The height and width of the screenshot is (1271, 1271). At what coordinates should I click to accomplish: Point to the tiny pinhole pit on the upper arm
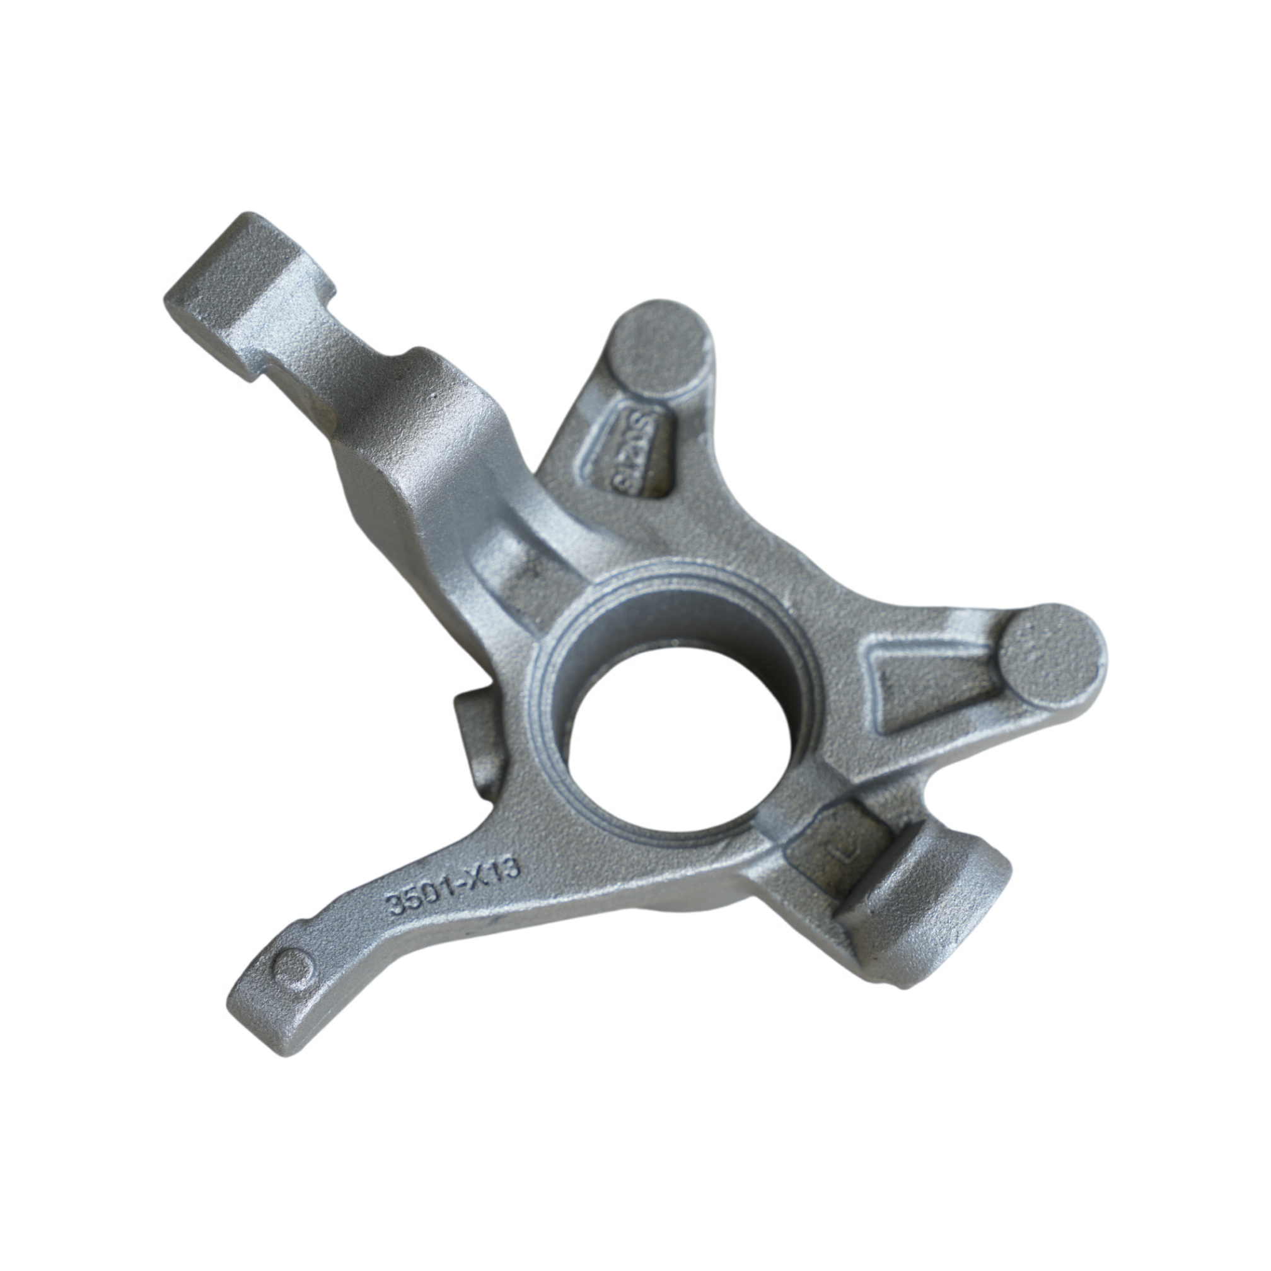click(x=433, y=397)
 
